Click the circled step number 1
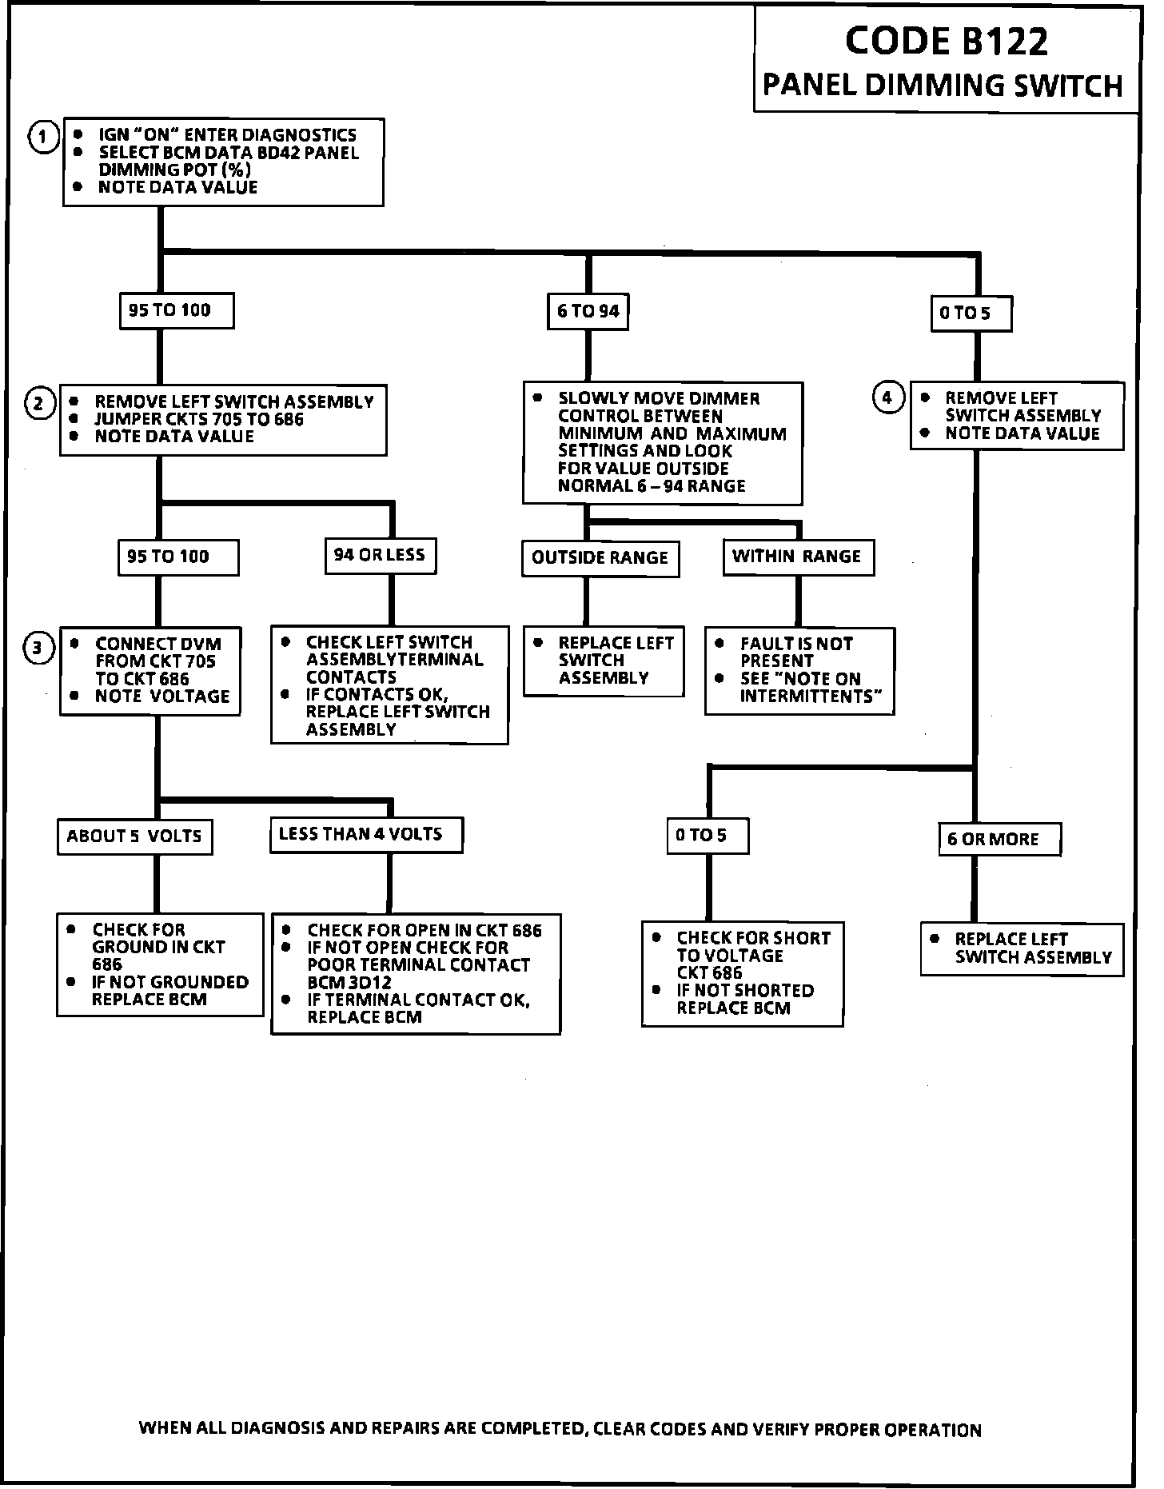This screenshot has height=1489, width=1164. pos(43,137)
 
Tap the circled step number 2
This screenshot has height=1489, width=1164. pos(39,403)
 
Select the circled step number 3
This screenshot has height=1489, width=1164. pos(38,649)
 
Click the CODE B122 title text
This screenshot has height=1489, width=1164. pos(946,42)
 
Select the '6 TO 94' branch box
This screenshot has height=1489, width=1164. pos(588,311)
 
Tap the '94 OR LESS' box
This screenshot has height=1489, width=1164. pos(380,555)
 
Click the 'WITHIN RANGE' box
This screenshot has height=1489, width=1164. pos(797,557)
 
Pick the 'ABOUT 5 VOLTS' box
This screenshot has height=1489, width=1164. pos(134,836)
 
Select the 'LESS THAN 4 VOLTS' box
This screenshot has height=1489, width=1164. pos(365,835)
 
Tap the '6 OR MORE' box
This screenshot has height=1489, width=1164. pos(999,840)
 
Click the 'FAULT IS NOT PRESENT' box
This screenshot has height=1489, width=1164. pos(799,670)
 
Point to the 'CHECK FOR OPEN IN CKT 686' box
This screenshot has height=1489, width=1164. pos(416,974)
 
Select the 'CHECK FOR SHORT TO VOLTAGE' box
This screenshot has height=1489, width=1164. pos(742,973)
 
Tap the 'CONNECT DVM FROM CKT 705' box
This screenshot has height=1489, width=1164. pos(150,670)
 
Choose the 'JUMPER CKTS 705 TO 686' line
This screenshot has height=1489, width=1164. pos(199,420)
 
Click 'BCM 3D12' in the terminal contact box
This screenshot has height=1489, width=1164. pos(349,983)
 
